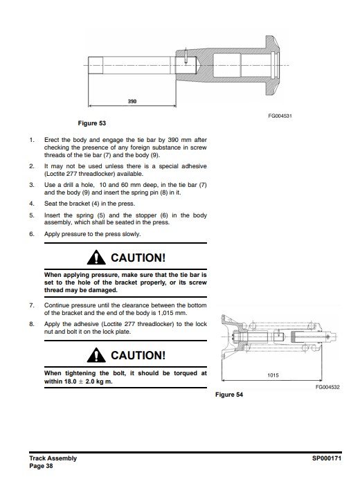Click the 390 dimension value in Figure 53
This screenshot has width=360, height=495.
[132, 101]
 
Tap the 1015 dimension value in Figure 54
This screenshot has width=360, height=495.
[273, 375]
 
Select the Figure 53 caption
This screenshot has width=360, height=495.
[92, 123]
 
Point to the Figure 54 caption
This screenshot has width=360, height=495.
[229, 395]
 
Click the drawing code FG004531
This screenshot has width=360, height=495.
[280, 116]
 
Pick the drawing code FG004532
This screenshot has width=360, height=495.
[327, 387]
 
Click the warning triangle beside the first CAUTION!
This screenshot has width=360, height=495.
[96, 258]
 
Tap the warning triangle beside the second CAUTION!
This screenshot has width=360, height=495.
[96, 355]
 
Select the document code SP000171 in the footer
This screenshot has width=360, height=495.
[327, 458]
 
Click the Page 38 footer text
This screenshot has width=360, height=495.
[41, 466]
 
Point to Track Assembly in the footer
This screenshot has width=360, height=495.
[53, 458]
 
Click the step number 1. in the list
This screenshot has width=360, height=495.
[32, 140]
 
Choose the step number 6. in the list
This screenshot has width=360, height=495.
[32, 234]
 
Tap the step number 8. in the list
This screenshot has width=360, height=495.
[32, 324]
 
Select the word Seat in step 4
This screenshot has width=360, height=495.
[51, 204]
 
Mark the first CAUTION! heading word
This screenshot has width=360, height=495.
[138, 258]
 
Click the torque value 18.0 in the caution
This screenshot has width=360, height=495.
[71, 381]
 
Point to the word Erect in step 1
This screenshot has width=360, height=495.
[51, 140]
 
